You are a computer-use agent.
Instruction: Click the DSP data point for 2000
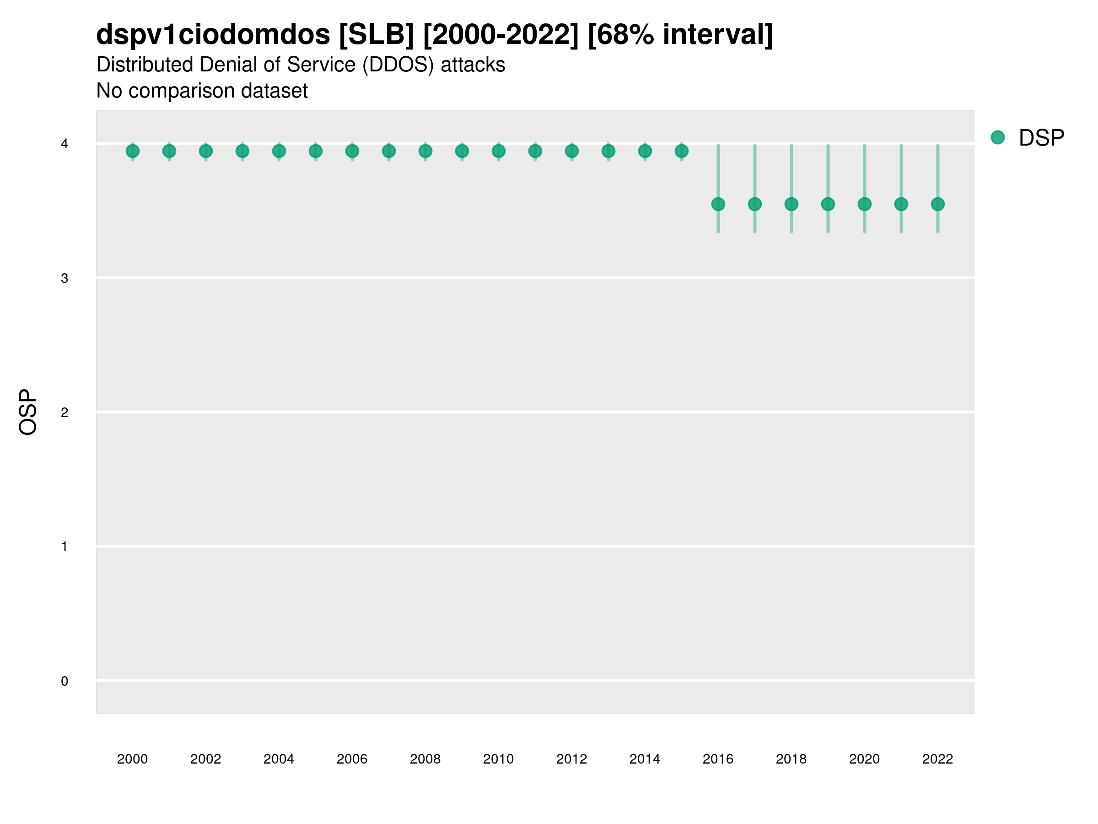(x=133, y=151)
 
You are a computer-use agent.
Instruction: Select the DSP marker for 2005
(x=316, y=151)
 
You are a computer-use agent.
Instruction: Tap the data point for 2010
(x=498, y=151)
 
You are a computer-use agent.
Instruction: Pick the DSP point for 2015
(x=682, y=151)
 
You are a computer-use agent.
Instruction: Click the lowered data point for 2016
(x=718, y=204)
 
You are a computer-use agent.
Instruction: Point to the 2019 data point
(x=828, y=204)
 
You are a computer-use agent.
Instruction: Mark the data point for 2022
(x=938, y=204)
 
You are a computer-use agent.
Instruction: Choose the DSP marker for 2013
(x=608, y=151)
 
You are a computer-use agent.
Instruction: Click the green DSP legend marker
(x=998, y=138)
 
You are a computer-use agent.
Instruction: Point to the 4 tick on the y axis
(x=65, y=144)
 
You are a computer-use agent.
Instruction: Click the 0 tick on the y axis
(x=65, y=681)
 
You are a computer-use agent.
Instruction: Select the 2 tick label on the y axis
(x=65, y=412)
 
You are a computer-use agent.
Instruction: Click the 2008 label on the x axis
(x=425, y=759)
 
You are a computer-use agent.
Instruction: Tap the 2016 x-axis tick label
(x=718, y=759)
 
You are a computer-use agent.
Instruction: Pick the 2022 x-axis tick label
(x=938, y=759)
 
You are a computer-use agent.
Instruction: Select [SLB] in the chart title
(x=376, y=35)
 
